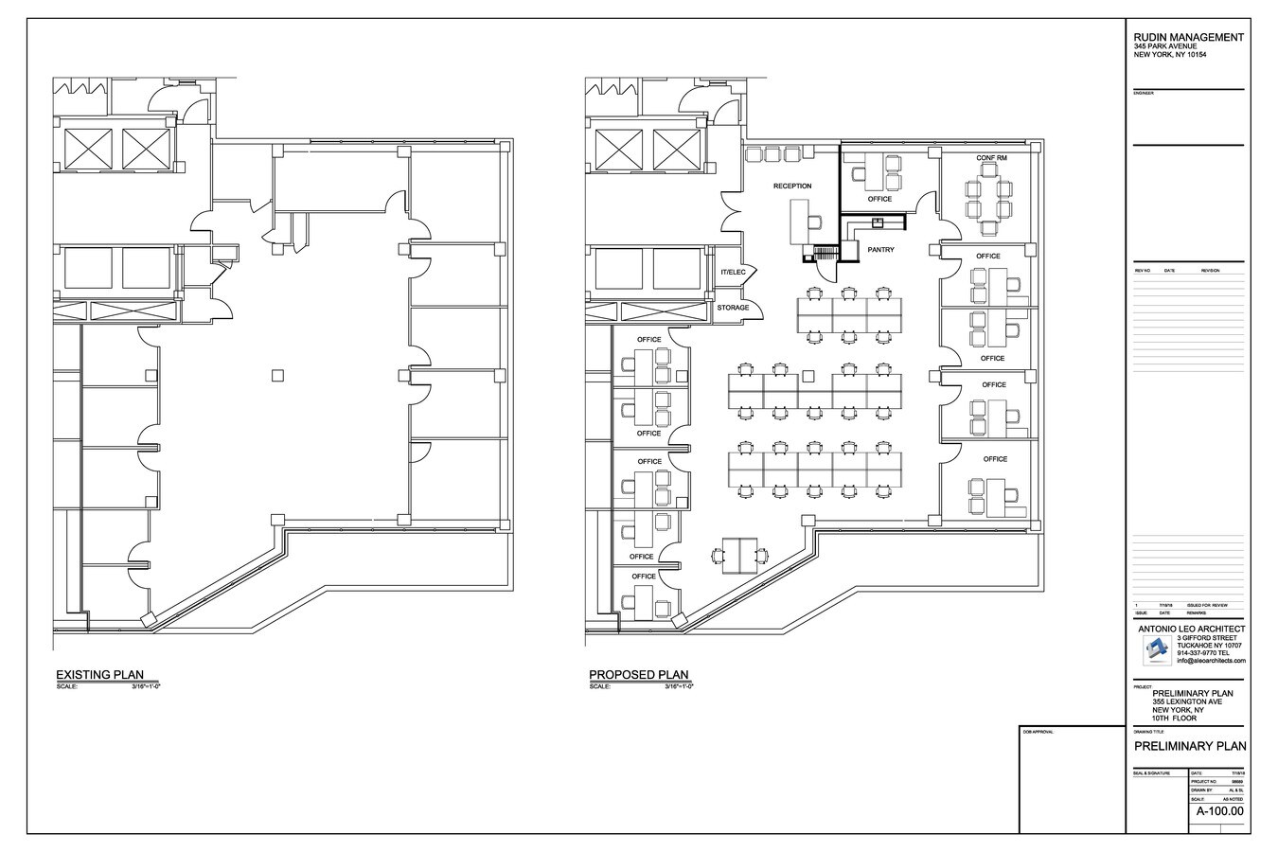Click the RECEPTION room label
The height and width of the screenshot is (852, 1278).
click(792, 186)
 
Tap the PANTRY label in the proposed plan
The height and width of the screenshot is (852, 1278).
click(880, 251)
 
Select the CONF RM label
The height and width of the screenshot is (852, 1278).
click(991, 158)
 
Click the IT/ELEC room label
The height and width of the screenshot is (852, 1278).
click(733, 273)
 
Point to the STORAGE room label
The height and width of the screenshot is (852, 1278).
click(733, 308)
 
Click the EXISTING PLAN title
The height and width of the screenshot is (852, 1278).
click(99, 675)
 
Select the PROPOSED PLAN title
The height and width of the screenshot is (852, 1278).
click(639, 675)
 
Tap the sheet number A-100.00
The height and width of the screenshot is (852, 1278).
click(1220, 811)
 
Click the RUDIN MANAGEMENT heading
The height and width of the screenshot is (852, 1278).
click(1188, 37)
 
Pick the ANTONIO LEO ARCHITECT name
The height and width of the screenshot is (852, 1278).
click(1191, 629)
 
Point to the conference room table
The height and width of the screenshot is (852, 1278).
click(989, 199)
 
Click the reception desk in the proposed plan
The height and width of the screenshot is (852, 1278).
click(797, 222)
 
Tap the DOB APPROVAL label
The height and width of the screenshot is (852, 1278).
click(1038, 732)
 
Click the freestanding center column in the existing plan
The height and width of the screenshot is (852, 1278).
click(276, 376)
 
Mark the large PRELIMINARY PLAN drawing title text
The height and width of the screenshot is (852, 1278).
click(1190, 747)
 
